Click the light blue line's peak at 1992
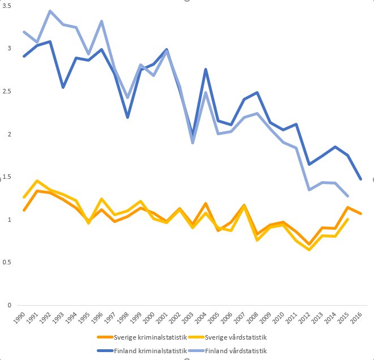click(50, 11)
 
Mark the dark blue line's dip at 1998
click(127, 117)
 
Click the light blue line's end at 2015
click(348, 196)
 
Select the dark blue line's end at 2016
click(361, 179)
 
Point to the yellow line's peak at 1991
click(37, 181)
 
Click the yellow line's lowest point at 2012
click(309, 249)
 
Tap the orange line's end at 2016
click(361, 213)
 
